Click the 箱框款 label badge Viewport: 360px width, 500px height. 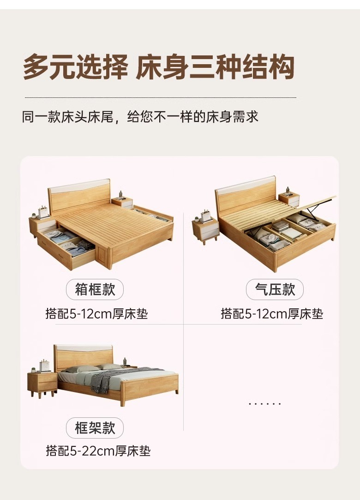tap(95, 289)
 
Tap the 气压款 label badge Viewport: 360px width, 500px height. tap(275, 289)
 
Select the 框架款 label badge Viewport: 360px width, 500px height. tap(95, 428)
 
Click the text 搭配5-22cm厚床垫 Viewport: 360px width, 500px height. tap(98, 451)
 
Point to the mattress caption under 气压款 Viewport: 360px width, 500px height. tap(272, 314)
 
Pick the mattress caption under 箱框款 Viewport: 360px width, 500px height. tap(96, 314)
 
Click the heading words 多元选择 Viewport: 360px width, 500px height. tap(76, 67)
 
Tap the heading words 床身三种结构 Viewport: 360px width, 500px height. tap(215, 67)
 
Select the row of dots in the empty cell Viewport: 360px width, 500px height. tap(264, 404)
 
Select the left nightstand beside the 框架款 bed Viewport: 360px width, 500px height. tap(42, 384)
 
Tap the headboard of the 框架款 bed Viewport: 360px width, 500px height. tap(84, 358)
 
